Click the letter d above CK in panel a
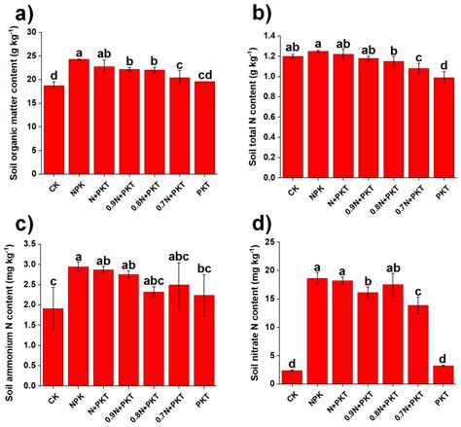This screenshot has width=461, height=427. click(x=54, y=74)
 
